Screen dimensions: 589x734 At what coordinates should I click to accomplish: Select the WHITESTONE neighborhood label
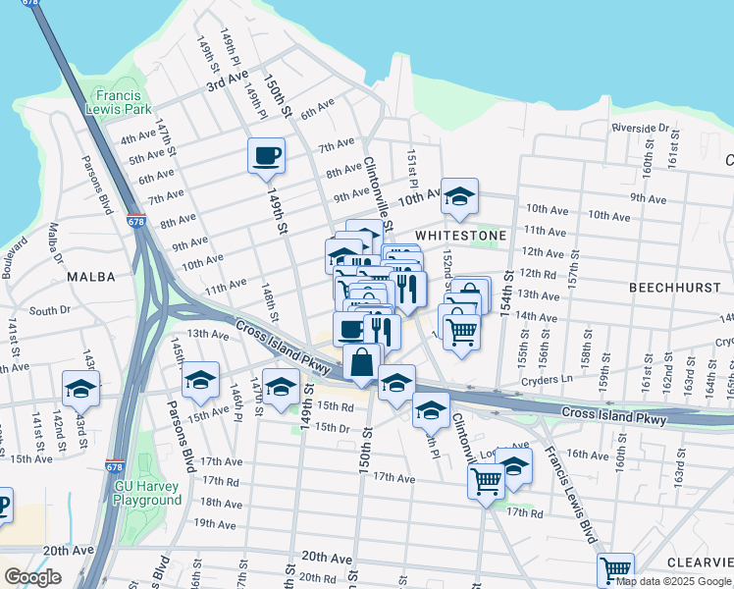point(460,237)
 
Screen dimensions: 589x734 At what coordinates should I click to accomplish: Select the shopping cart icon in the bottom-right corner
point(615,569)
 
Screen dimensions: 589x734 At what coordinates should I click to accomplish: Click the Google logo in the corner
point(32,577)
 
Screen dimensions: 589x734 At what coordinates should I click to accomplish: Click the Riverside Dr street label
point(640,129)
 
